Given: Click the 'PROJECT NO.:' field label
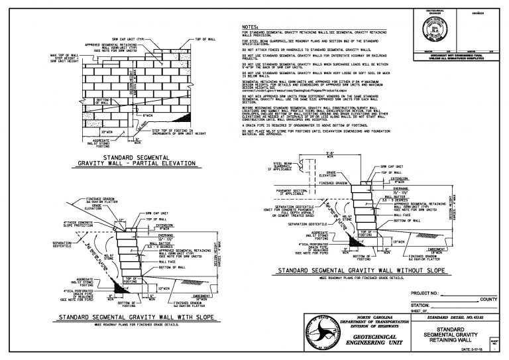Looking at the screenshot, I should (x=426, y=291).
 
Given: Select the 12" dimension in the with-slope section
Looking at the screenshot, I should (x=121, y=218).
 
